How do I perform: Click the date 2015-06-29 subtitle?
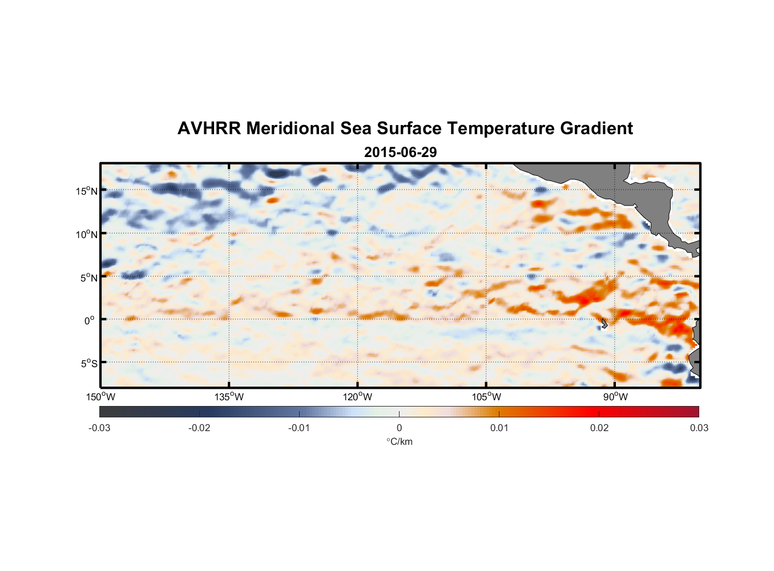tap(400, 152)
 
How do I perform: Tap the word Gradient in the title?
tap(596, 128)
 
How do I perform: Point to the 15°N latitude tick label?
tap(87, 191)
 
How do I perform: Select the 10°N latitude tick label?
tap(87, 234)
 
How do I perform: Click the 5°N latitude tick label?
tap(88, 278)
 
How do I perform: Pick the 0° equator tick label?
tap(90, 320)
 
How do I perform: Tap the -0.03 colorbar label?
tap(99, 428)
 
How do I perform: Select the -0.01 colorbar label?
tap(299, 428)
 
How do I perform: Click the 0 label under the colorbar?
tap(399, 428)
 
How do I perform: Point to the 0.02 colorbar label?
tap(599, 428)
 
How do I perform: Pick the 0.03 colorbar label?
tap(699, 428)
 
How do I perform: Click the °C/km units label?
tap(399, 442)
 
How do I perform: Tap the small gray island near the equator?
tap(603, 324)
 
